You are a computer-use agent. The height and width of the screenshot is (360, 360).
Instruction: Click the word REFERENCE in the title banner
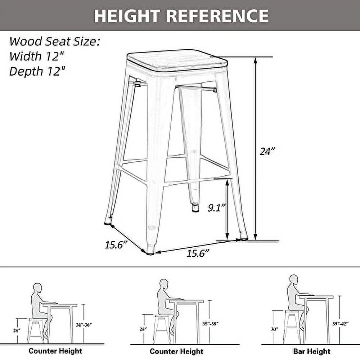tap(219, 15)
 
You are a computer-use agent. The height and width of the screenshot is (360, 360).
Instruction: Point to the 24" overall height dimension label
tap(267, 151)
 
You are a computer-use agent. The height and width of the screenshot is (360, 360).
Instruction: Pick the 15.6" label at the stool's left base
tap(116, 245)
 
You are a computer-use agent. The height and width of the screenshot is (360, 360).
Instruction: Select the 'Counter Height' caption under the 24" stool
tap(55, 351)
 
